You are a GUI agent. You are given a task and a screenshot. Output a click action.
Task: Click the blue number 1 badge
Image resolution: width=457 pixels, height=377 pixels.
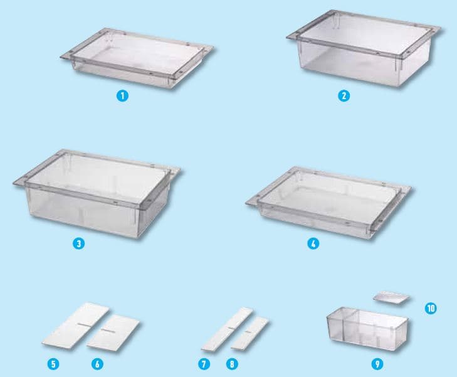pos(122,95)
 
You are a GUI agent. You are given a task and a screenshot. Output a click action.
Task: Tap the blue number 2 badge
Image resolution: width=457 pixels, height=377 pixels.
pos(344,95)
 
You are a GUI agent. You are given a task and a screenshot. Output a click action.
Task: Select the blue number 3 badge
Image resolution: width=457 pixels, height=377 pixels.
pos(79,243)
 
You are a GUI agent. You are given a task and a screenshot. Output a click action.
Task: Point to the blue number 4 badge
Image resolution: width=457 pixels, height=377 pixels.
pos(313,243)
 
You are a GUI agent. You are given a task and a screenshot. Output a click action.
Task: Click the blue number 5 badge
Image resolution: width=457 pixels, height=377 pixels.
pos(53,364)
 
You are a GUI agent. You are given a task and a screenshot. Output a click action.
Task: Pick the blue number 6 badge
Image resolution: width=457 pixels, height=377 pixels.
pos(97,364)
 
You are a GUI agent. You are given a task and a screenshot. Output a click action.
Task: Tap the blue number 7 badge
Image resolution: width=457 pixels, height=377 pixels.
pos(204,364)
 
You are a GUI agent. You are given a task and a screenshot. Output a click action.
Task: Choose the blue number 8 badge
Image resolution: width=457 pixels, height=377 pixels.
pos(232,364)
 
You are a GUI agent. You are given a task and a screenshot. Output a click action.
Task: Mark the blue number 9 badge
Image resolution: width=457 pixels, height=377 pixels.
pos(377,364)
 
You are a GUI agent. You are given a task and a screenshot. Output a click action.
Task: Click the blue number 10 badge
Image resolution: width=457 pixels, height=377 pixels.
pos(431,308)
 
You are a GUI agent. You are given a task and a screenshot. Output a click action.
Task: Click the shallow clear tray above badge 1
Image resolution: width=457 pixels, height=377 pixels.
pos(137,58)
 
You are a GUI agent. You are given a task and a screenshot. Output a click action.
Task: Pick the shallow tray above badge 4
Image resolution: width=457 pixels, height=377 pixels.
pos(328,202)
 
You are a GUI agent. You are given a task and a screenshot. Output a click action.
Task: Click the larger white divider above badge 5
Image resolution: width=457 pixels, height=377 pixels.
pos(75,325)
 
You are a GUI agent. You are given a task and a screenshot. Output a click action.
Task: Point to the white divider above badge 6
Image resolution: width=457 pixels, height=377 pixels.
pos(113,332)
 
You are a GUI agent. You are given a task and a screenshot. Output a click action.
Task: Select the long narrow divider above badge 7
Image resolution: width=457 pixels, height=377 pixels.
pos(227,329)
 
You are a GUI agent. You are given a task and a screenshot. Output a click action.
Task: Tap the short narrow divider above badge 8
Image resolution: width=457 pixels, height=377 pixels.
pos(250,333)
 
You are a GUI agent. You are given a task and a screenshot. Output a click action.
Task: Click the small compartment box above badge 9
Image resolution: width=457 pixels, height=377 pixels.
pos(367,328)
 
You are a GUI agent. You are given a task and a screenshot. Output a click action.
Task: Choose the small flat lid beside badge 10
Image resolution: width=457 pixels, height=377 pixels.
pos(391,297)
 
